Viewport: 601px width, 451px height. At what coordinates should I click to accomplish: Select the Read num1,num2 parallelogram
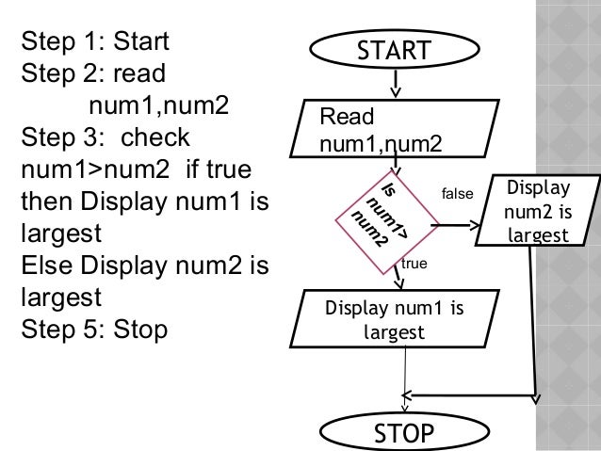point(387,130)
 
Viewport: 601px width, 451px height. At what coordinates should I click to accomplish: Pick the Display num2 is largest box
point(537,210)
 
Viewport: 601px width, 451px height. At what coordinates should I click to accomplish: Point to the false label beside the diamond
point(457,194)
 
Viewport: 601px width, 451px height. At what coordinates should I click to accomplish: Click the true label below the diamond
point(414,266)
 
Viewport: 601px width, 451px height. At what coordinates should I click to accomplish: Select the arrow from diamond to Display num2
point(460,226)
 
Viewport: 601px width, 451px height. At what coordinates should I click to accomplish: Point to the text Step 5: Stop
point(93,330)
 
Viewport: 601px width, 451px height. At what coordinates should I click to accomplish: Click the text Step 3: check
point(105,138)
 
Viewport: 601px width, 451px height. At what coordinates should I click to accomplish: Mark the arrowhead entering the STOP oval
point(404,405)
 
